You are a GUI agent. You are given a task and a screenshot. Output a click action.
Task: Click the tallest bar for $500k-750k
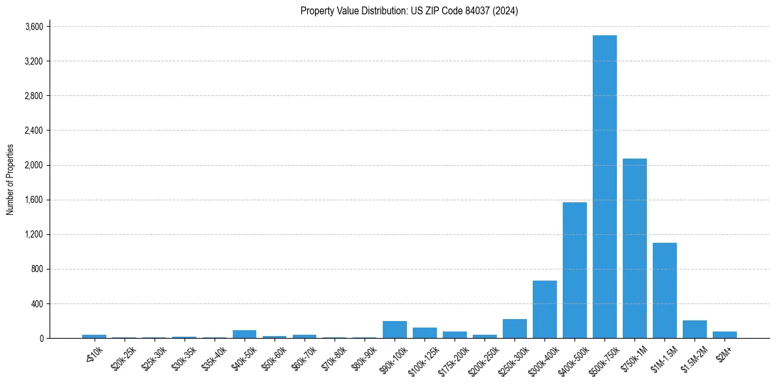(x=604, y=187)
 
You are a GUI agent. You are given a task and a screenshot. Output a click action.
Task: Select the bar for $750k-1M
(x=634, y=248)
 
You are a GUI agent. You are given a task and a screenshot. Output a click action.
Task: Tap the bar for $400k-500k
(x=575, y=270)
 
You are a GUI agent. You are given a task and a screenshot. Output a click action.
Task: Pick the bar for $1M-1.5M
(x=664, y=290)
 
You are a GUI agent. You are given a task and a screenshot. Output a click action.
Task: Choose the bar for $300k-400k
(x=545, y=309)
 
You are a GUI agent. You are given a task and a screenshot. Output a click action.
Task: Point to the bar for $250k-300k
(x=515, y=329)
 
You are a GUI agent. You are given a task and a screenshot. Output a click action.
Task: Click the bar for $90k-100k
(x=395, y=330)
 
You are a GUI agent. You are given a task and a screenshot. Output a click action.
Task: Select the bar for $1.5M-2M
(x=694, y=330)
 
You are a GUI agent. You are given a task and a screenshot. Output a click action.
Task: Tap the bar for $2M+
(x=724, y=335)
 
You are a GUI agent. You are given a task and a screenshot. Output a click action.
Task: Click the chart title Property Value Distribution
(x=409, y=10)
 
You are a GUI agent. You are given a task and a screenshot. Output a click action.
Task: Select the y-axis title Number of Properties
(x=10, y=179)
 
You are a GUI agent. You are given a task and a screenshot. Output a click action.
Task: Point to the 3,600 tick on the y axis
(x=34, y=27)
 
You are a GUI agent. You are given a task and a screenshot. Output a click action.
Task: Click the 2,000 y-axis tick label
(x=34, y=165)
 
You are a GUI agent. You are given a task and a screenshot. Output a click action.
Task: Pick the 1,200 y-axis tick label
(x=34, y=234)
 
